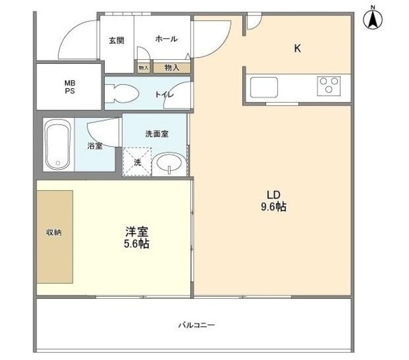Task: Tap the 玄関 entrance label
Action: point(116,40)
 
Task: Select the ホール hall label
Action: point(166,40)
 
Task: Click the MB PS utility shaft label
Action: point(68,86)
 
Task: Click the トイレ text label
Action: point(164,94)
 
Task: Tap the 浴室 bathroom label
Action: point(95,146)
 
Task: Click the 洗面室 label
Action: point(157,134)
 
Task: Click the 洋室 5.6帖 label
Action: point(137,237)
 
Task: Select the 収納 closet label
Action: point(54,232)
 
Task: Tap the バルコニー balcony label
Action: point(196,325)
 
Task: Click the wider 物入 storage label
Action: point(171,66)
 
